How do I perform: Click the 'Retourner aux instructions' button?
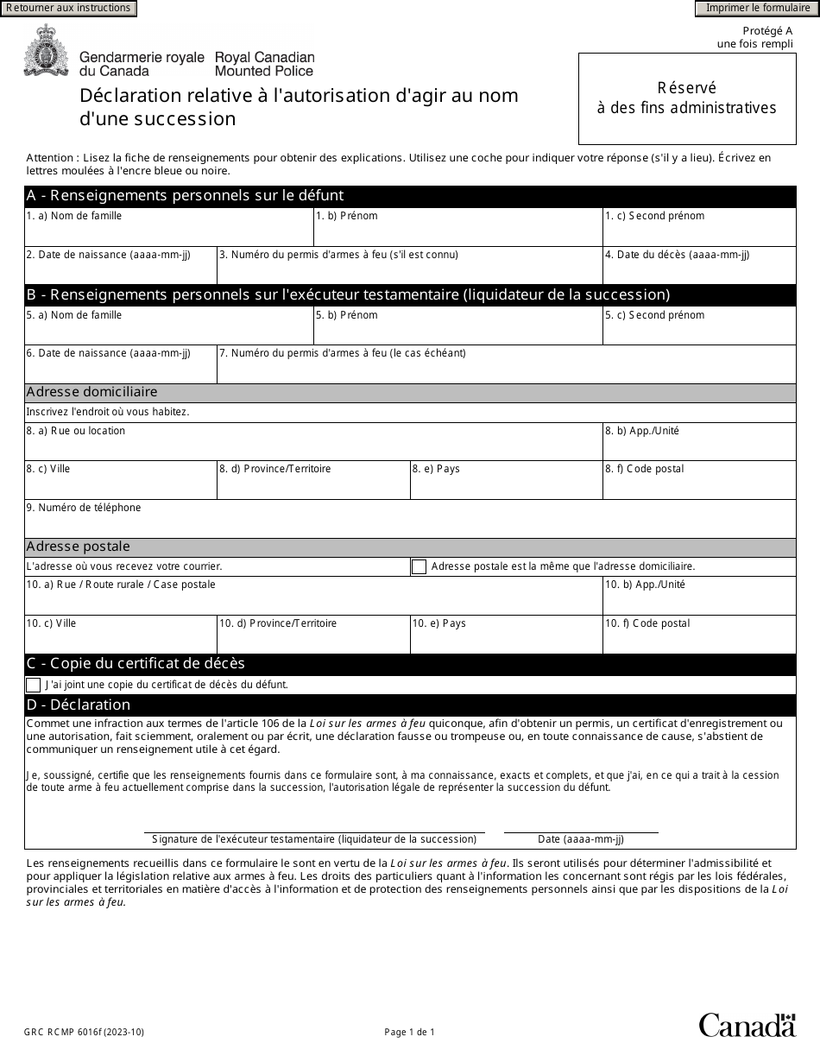[69, 9]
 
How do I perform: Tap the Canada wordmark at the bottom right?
[747, 1025]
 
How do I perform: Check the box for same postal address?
[419, 567]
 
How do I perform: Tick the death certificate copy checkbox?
[34, 685]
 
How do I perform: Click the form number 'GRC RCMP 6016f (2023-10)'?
[85, 1032]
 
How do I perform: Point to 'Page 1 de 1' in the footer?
[410, 1032]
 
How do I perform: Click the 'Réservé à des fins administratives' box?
[687, 98]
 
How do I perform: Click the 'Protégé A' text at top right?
[767, 31]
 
